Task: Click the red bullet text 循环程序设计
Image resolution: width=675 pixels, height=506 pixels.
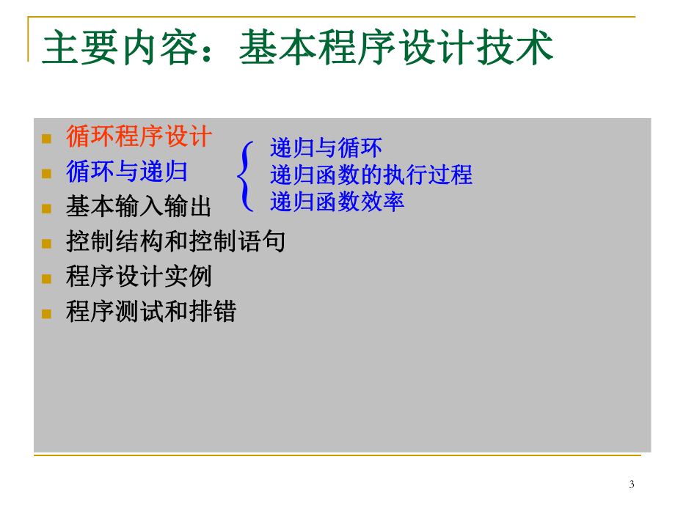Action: (x=139, y=136)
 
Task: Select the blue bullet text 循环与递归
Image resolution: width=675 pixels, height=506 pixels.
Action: (x=127, y=172)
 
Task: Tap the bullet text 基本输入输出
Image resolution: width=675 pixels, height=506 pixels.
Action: (x=139, y=207)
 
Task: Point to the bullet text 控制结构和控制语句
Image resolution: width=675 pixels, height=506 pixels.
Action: (x=175, y=241)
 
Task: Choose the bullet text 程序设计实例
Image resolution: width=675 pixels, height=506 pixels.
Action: (x=139, y=276)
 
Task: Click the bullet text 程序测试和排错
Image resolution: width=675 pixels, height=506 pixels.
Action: (x=151, y=312)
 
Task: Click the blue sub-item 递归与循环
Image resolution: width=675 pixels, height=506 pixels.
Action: (x=326, y=148)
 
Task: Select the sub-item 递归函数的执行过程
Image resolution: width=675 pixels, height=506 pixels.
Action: (x=371, y=175)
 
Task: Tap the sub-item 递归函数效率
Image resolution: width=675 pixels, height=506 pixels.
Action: (x=337, y=201)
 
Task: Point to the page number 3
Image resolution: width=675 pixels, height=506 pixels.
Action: (x=632, y=484)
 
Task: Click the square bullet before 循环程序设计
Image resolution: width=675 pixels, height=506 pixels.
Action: (x=47, y=139)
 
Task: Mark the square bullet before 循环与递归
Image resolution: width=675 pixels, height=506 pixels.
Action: (x=47, y=174)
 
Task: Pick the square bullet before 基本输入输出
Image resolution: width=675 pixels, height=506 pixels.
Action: (x=47, y=209)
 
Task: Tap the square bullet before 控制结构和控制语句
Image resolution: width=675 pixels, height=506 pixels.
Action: (x=47, y=243)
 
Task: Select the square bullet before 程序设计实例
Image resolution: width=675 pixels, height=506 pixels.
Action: (x=47, y=279)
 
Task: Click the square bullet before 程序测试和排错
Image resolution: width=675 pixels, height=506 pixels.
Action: (x=47, y=314)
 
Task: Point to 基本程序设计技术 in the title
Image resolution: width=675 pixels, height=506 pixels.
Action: (x=396, y=50)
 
